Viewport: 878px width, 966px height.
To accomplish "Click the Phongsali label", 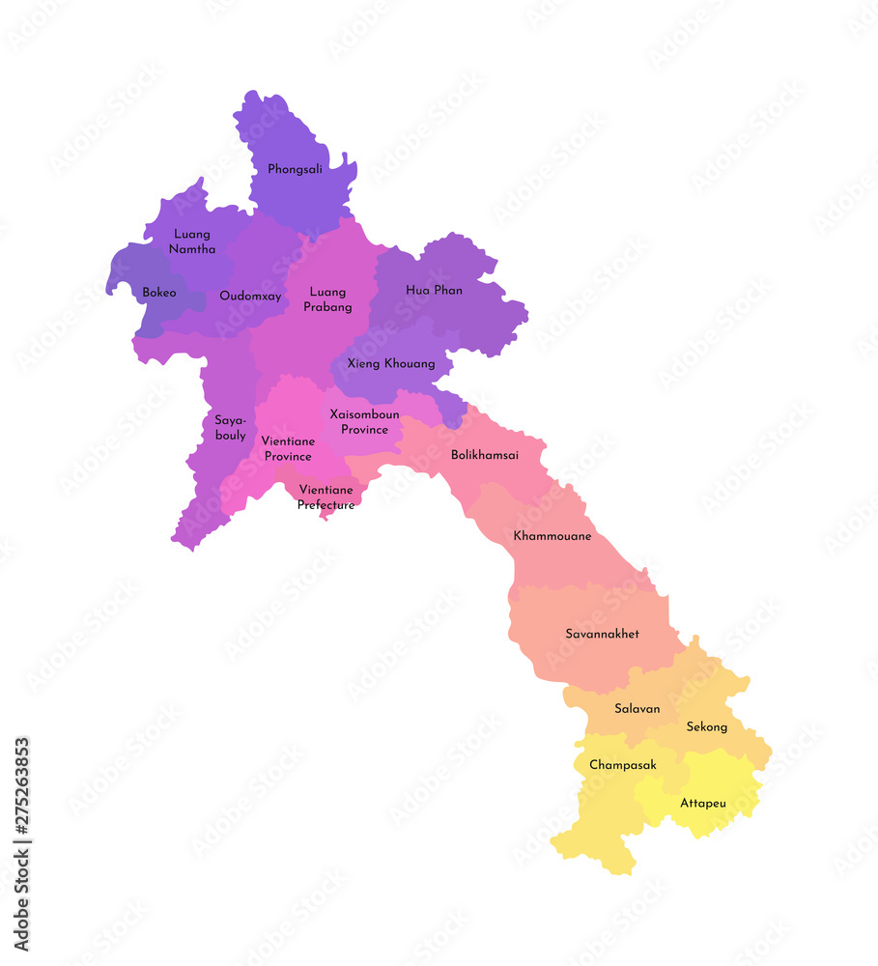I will click(x=296, y=169).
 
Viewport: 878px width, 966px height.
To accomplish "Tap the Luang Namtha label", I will click(x=193, y=241).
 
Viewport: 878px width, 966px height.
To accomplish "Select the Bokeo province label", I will click(x=159, y=293).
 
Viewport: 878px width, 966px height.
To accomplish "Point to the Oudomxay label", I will click(x=250, y=297).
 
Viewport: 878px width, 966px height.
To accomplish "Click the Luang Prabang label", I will click(x=328, y=299).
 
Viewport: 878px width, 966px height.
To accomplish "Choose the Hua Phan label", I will click(x=434, y=290).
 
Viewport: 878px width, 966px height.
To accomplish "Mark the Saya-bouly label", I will click(x=230, y=428).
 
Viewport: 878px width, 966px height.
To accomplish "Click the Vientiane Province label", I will click(x=288, y=449).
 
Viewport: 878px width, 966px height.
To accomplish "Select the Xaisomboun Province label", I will click(x=364, y=422).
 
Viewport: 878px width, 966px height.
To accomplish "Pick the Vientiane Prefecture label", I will click(x=326, y=497).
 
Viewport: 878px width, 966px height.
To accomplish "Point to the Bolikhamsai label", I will click(x=485, y=455).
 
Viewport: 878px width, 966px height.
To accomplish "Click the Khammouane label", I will click(x=552, y=535).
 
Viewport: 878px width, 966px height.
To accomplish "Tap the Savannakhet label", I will click(x=602, y=634).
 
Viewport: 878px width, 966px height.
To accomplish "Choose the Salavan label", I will click(x=637, y=708).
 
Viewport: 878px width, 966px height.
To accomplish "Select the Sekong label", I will click(x=706, y=726).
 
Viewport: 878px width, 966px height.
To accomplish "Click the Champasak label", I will click(x=623, y=765).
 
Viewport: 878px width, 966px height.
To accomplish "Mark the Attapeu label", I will click(x=702, y=803).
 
